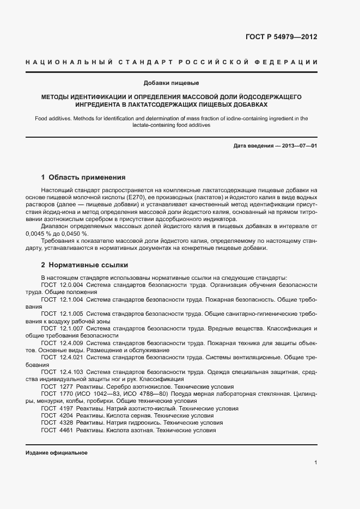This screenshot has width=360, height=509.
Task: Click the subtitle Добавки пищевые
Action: tap(172, 83)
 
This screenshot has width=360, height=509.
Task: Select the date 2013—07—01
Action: tap(298, 146)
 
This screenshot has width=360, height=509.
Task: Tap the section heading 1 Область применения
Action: tap(83, 177)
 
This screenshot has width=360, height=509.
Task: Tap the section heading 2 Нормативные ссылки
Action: tap(85, 265)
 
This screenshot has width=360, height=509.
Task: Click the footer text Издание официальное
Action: tap(57, 453)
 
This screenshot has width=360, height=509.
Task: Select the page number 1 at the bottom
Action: tap(315, 462)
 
